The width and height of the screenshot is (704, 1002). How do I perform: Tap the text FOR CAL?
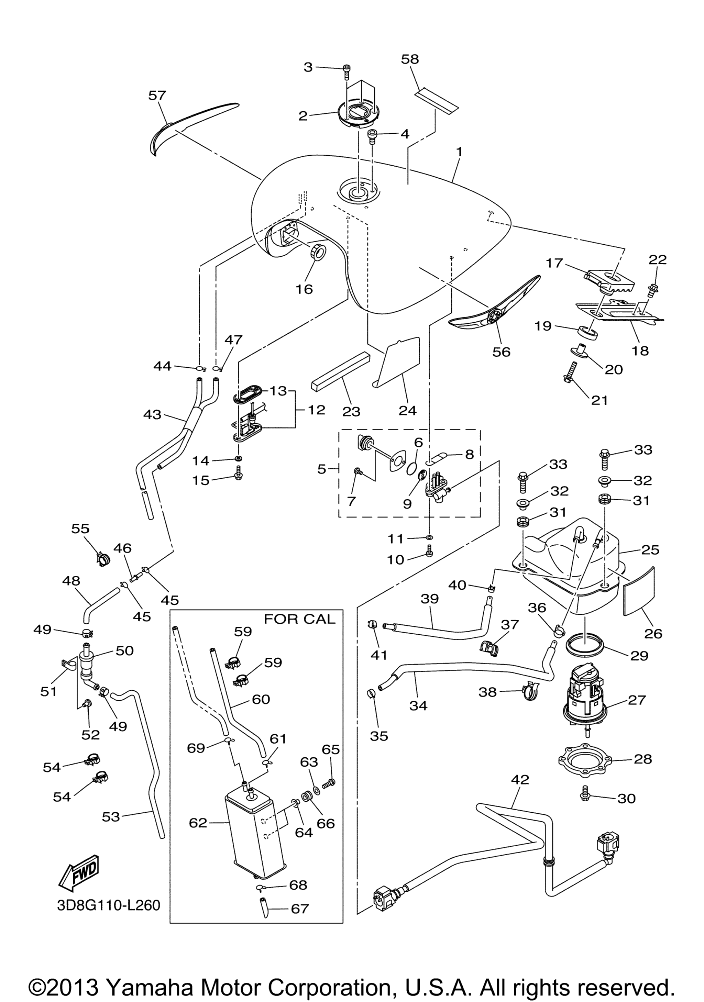click(x=299, y=619)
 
